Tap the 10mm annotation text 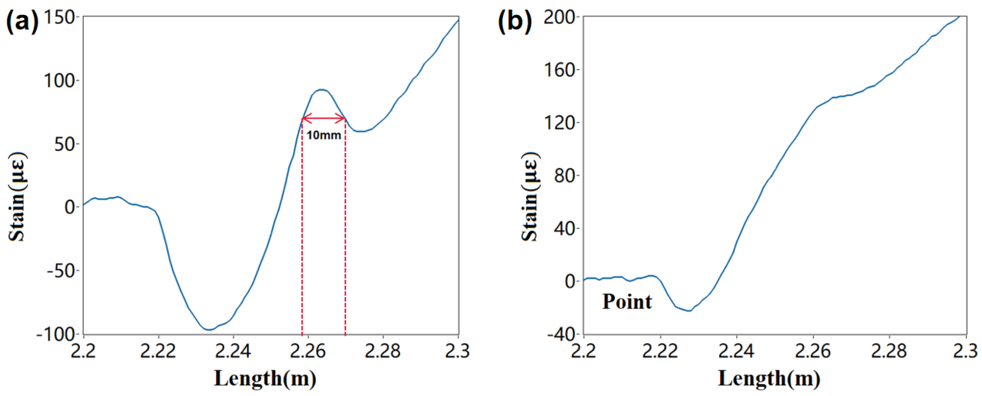click(324, 135)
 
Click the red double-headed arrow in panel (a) click(324, 118)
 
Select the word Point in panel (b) click(627, 302)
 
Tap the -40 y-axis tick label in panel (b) click(561, 334)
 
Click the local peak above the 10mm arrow click(322, 90)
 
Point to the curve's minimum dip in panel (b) click(689, 311)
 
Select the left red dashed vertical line click(302, 229)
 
